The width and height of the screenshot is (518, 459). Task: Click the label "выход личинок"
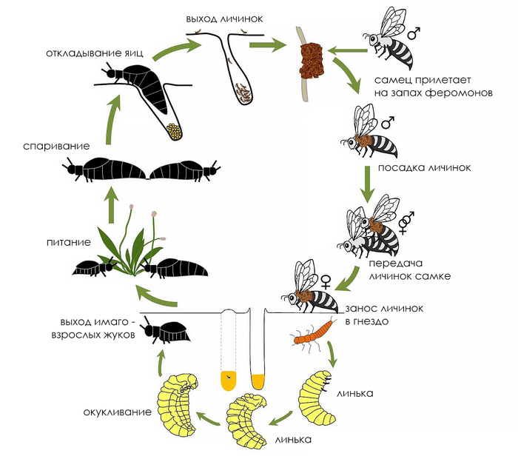[x=224, y=19]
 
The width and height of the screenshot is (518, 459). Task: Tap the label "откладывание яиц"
[x=95, y=53]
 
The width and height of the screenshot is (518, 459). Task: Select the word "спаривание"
[x=56, y=146]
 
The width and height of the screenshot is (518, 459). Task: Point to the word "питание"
[x=68, y=242]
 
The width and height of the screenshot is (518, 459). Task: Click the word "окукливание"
[x=117, y=412]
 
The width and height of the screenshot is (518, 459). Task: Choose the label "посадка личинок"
[x=425, y=167]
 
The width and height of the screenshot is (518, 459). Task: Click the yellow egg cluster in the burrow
[x=174, y=132]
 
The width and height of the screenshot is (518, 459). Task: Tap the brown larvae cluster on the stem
[x=311, y=61]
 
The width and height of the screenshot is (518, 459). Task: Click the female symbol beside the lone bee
[x=326, y=282]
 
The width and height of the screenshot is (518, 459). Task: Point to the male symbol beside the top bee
[x=414, y=33]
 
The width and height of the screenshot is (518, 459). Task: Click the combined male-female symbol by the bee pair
[x=406, y=222]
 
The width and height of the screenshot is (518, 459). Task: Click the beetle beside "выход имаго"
[x=165, y=330]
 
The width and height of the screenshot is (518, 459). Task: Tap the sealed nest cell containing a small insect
[x=228, y=381]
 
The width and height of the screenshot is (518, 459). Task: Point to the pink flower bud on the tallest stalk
[x=132, y=207]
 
